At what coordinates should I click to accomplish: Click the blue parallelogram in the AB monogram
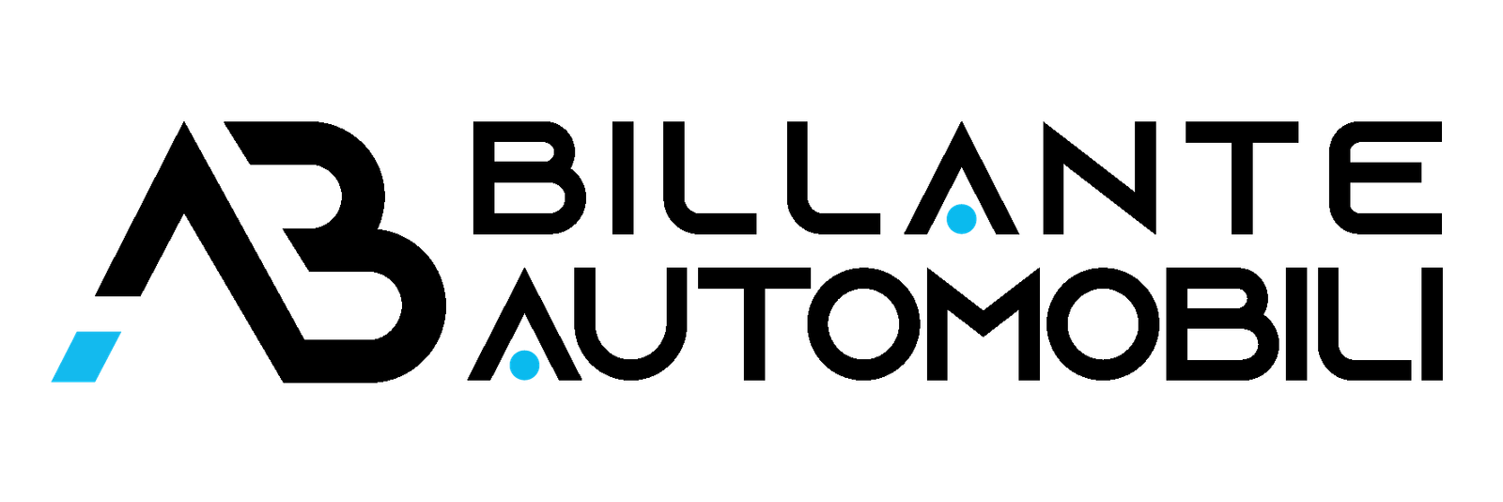(x=85, y=357)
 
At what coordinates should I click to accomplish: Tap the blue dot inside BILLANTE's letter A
(x=961, y=219)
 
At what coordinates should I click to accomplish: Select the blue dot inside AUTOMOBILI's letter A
(x=525, y=365)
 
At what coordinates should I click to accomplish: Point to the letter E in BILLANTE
(x=1379, y=178)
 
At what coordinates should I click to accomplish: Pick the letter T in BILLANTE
(x=1241, y=178)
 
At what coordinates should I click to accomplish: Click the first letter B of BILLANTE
(x=530, y=178)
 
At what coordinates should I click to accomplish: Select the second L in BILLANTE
(x=833, y=178)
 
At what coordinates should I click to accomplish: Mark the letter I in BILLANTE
(x=623, y=178)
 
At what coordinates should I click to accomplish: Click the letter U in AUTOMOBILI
(x=630, y=324)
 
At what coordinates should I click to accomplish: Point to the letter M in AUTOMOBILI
(x=983, y=324)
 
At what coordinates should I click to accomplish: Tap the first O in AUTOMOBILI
(x=865, y=324)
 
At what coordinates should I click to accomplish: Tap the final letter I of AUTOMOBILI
(x=1432, y=324)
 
